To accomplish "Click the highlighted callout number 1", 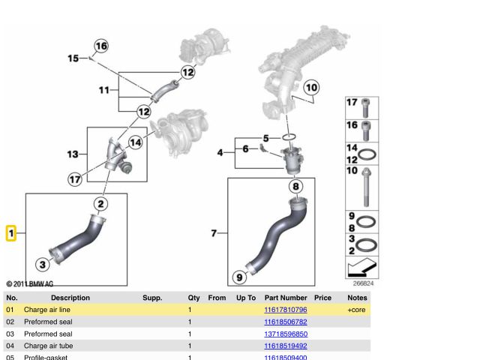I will [11, 234].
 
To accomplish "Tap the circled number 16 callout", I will [100, 46].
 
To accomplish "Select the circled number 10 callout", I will [311, 88].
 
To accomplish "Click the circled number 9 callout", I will [239, 277].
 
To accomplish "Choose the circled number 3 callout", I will [43, 264].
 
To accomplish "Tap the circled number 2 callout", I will [100, 203].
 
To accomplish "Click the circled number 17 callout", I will [75, 179].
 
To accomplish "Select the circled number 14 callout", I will [135, 142].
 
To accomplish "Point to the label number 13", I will [72, 154].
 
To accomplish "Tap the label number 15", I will [73, 58].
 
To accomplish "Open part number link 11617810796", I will [286, 310].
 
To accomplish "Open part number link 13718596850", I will [286, 334].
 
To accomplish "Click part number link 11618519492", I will [286, 346].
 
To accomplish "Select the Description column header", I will [70, 298].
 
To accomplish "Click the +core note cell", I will [355, 310].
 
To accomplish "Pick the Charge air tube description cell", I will [48, 346].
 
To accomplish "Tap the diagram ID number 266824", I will [362, 284].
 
